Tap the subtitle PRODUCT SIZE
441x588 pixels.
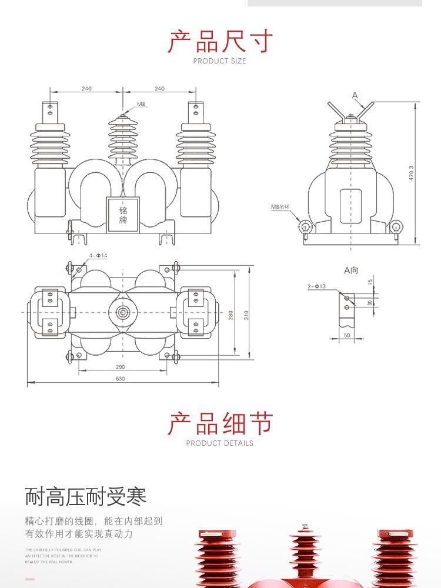tap(220, 61)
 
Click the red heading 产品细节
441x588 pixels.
tap(220, 423)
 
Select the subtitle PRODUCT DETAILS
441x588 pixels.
tap(220, 443)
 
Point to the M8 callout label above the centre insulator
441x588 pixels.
tap(141, 104)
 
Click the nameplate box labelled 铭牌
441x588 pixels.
tap(123, 215)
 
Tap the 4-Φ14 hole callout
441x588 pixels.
tap(98, 255)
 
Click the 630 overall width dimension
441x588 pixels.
tap(120, 379)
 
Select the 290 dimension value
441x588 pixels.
tap(120, 366)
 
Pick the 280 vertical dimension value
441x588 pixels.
tap(230, 315)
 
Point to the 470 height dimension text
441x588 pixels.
tap(412, 172)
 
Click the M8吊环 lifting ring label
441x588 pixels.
tap(280, 207)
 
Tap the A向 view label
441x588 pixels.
tap(351, 270)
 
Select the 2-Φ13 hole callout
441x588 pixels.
tap(316, 287)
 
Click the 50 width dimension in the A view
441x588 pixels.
tap(346, 335)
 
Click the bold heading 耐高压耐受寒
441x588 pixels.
tap(85, 496)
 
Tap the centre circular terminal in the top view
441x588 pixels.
tap(123, 312)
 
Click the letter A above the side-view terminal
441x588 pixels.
tap(355, 95)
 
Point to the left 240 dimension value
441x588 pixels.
tap(86, 89)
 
